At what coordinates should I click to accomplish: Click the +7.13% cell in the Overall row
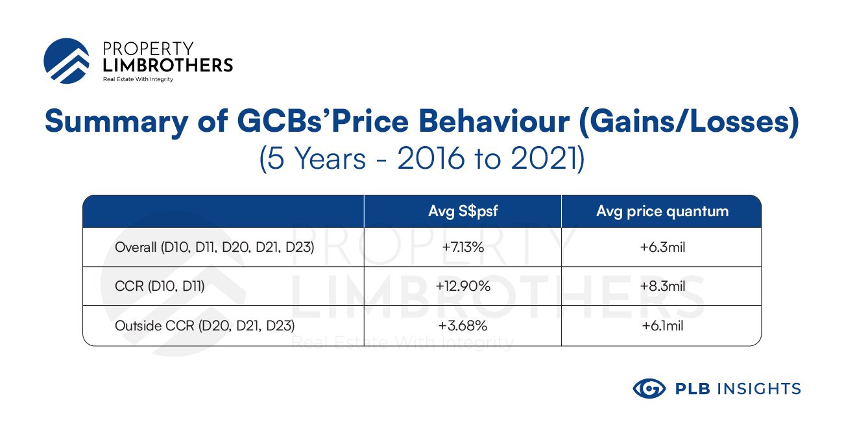[463, 247]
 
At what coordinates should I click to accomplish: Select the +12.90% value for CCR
[463, 286]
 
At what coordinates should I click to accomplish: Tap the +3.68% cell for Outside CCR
[463, 325]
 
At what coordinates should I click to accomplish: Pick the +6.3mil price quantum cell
[662, 247]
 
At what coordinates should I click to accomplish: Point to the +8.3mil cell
[662, 286]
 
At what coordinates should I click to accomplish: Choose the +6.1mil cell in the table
[662, 325]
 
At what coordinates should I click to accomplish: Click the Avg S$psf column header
[463, 211]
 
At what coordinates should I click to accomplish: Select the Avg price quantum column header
[662, 212]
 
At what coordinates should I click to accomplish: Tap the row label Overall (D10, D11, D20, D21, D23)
[214, 247]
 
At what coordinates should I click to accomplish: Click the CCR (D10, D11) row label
[160, 286]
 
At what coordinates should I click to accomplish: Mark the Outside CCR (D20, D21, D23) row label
[204, 325]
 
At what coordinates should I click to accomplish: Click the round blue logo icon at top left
[67, 61]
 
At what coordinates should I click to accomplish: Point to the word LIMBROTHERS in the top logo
[167, 66]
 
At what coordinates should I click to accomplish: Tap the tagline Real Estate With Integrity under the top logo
[138, 79]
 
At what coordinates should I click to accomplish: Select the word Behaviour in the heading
[494, 121]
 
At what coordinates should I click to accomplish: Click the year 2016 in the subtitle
[431, 158]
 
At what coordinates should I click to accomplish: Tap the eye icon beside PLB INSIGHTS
[649, 388]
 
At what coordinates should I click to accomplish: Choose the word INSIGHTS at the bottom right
[759, 389]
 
